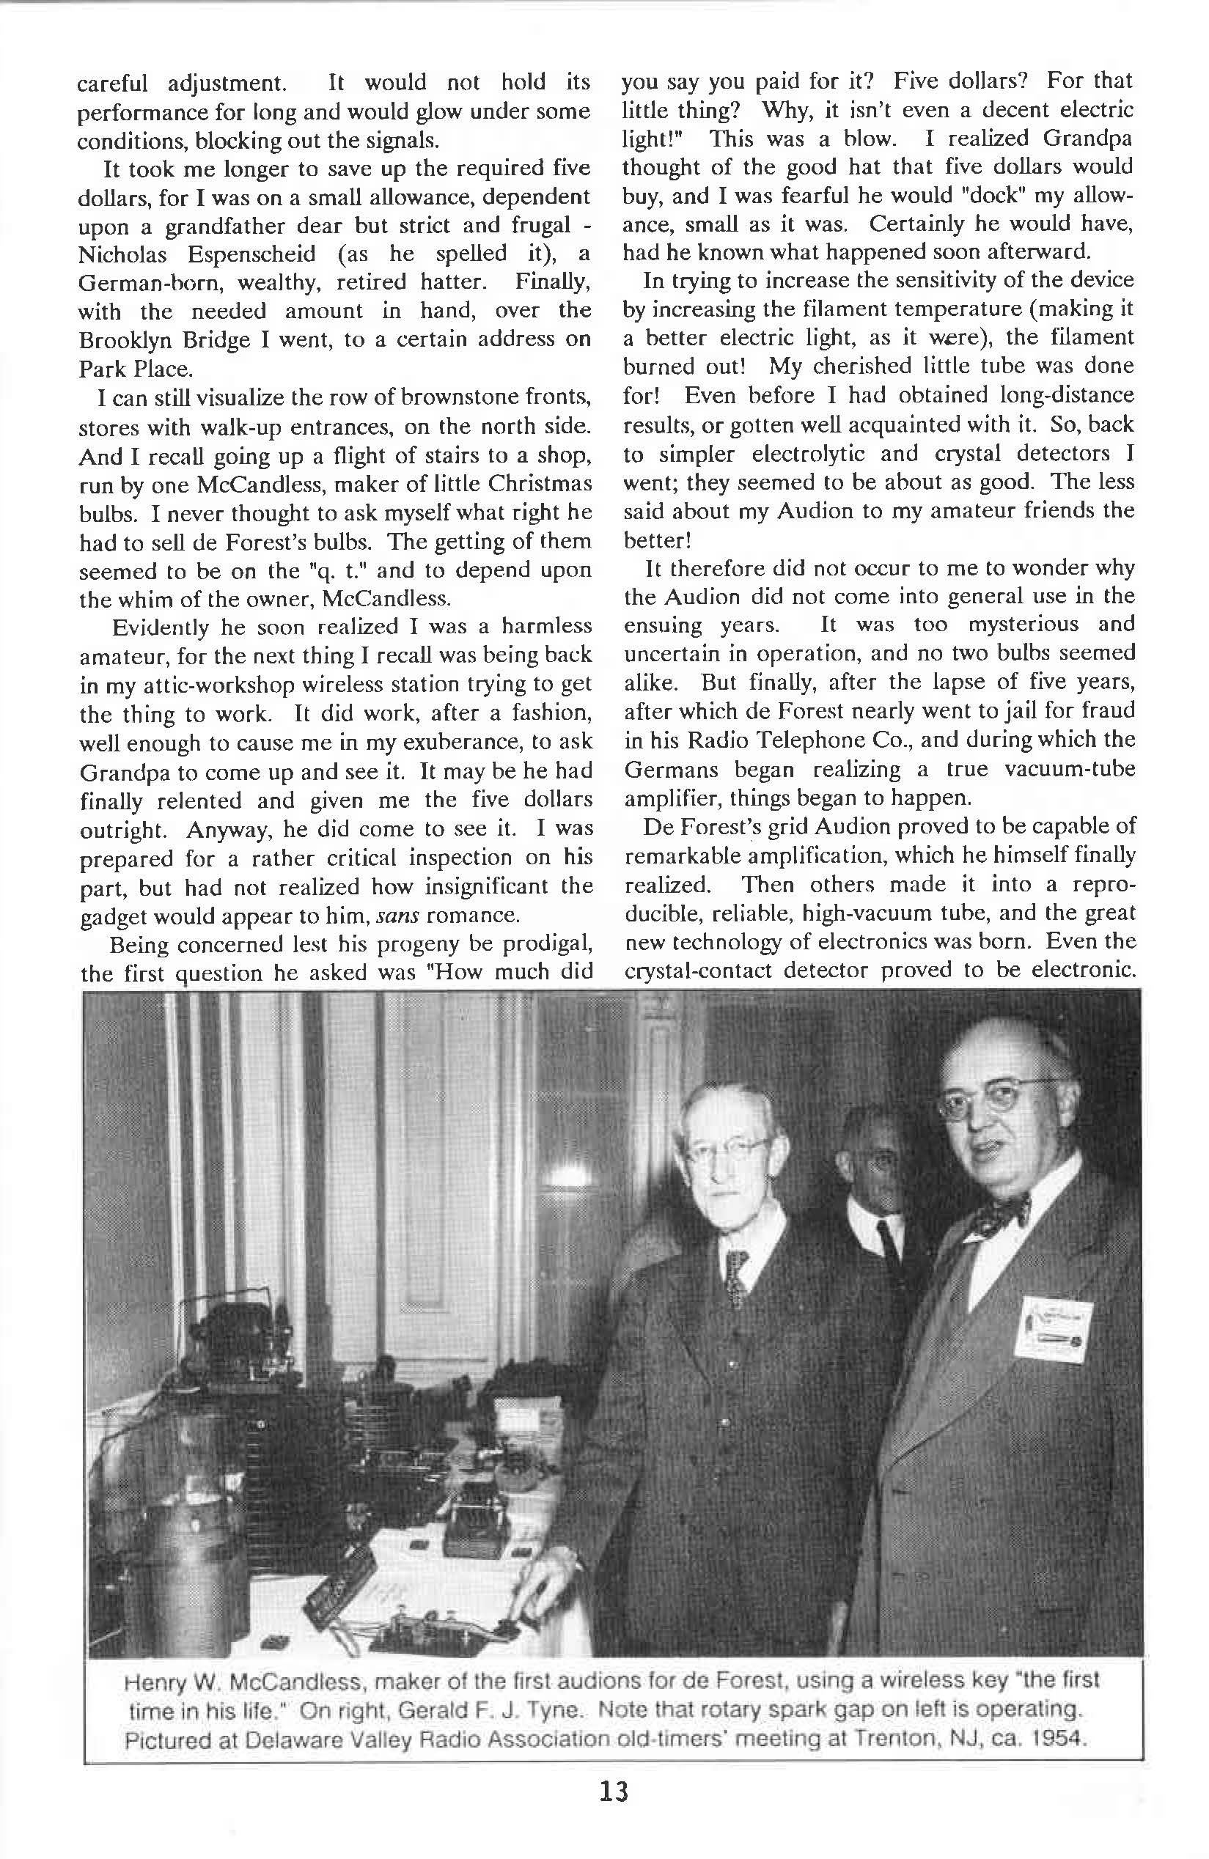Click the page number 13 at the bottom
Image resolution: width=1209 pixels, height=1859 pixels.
(614, 1792)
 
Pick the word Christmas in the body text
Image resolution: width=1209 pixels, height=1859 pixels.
(540, 485)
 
